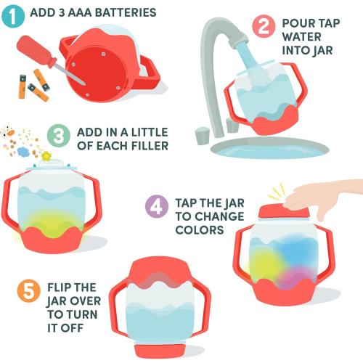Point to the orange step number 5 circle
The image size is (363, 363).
pos(27,292)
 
